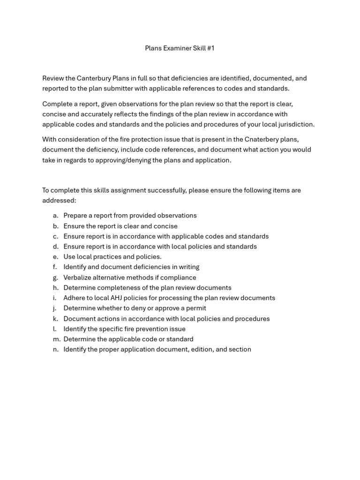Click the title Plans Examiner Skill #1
tap(180, 48)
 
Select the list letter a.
tap(55, 216)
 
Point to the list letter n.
tap(55, 349)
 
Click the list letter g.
tap(55, 277)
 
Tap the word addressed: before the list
tap(59, 201)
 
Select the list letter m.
tap(56, 339)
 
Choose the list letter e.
tap(55, 257)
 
